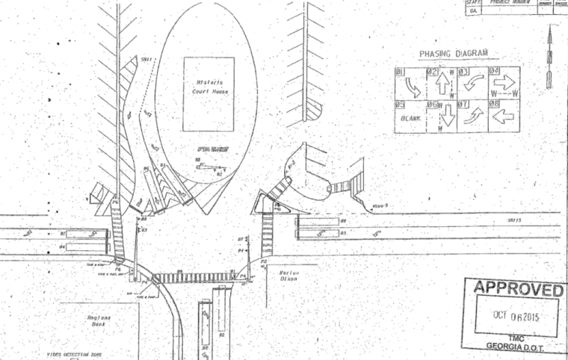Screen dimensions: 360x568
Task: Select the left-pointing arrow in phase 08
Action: tap(504, 117)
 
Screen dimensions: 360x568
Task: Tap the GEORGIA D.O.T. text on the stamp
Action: tap(509, 346)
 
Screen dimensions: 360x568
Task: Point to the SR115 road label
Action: tap(512, 220)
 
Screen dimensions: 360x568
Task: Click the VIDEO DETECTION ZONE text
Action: tap(74, 355)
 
